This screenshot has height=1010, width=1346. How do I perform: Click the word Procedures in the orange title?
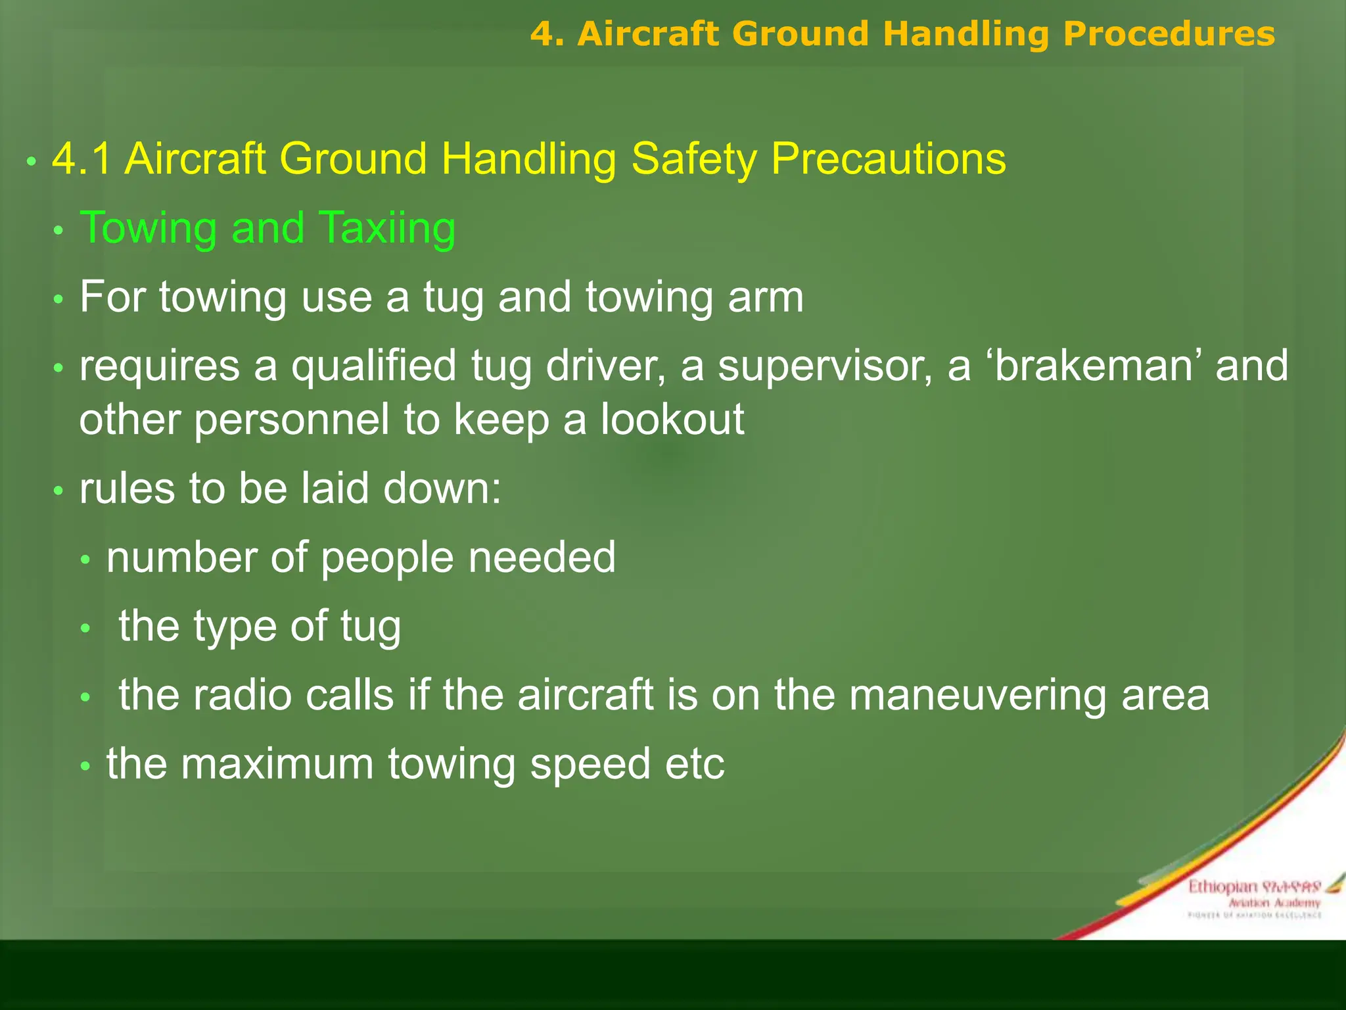[x=1169, y=34]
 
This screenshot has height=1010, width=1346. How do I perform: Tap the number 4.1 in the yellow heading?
[x=81, y=159]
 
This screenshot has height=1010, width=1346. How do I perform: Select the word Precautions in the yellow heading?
[x=888, y=159]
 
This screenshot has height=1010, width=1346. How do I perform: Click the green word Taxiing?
[x=387, y=228]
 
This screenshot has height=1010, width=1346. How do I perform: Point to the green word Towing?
[x=149, y=228]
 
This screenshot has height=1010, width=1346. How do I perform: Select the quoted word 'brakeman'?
[x=1093, y=366]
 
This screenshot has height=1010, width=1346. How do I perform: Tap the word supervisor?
[x=825, y=366]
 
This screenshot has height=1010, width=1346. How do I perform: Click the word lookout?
[x=672, y=420]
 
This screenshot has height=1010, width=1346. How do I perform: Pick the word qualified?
[x=374, y=366]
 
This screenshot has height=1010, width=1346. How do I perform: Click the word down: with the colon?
[x=442, y=489]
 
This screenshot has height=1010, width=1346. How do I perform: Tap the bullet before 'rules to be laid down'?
[x=58, y=491]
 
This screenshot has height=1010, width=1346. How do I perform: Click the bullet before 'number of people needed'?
[x=85, y=560]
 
